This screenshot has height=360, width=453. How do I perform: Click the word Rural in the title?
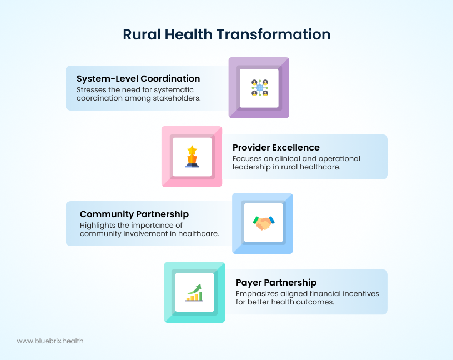tap(142, 34)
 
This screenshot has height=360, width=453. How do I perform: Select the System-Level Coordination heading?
tap(138, 79)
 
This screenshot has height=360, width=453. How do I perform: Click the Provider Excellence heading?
tap(276, 147)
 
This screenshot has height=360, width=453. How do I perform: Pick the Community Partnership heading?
tap(134, 214)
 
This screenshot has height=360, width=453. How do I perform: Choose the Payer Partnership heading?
tap(276, 283)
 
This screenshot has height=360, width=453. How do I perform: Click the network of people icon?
tap(260, 88)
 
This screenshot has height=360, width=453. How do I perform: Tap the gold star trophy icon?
tap(192, 157)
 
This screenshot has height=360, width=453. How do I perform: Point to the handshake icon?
tap(264, 223)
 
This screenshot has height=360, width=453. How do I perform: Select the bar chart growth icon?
tap(194, 293)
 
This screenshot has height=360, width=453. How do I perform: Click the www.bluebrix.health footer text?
tap(51, 341)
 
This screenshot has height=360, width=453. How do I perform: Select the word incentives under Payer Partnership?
tap(360, 294)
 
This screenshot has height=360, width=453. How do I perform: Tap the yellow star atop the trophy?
tap(192, 151)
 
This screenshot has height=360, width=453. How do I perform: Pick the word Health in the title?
tap(188, 34)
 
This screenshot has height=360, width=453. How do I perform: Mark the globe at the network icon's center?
tap(260, 88)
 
